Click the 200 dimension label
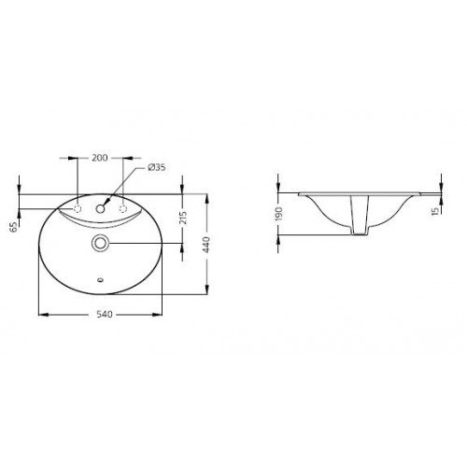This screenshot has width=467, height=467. click(x=100, y=158)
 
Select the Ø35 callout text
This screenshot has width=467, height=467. click(x=157, y=167)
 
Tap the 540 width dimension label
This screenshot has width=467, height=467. click(x=104, y=315)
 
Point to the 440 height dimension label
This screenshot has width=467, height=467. click(x=206, y=245)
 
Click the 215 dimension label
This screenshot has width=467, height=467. click(x=183, y=218)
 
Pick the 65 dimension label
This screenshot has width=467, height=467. click(x=13, y=228)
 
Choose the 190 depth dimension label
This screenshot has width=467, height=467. click(x=278, y=214)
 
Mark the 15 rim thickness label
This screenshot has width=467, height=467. click(x=436, y=210)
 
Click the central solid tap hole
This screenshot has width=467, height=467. click(x=100, y=208)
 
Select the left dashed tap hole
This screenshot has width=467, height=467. click(x=78, y=208)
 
